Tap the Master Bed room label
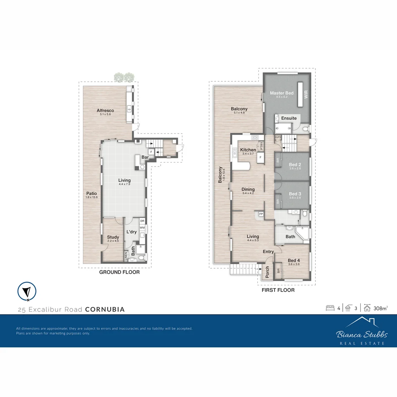click(282, 93)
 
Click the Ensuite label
click(289, 118)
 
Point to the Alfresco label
click(105, 110)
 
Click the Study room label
click(113, 237)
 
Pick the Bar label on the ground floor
click(145, 157)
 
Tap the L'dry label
click(131, 232)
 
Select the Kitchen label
click(248, 150)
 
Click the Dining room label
click(248, 189)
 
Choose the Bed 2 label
click(295, 164)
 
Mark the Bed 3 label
click(295, 194)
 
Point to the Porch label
click(267, 272)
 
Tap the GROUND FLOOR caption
click(119, 272)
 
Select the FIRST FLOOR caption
click(278, 290)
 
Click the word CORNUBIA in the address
click(105, 310)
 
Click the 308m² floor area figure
click(380, 308)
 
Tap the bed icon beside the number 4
click(330, 308)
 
